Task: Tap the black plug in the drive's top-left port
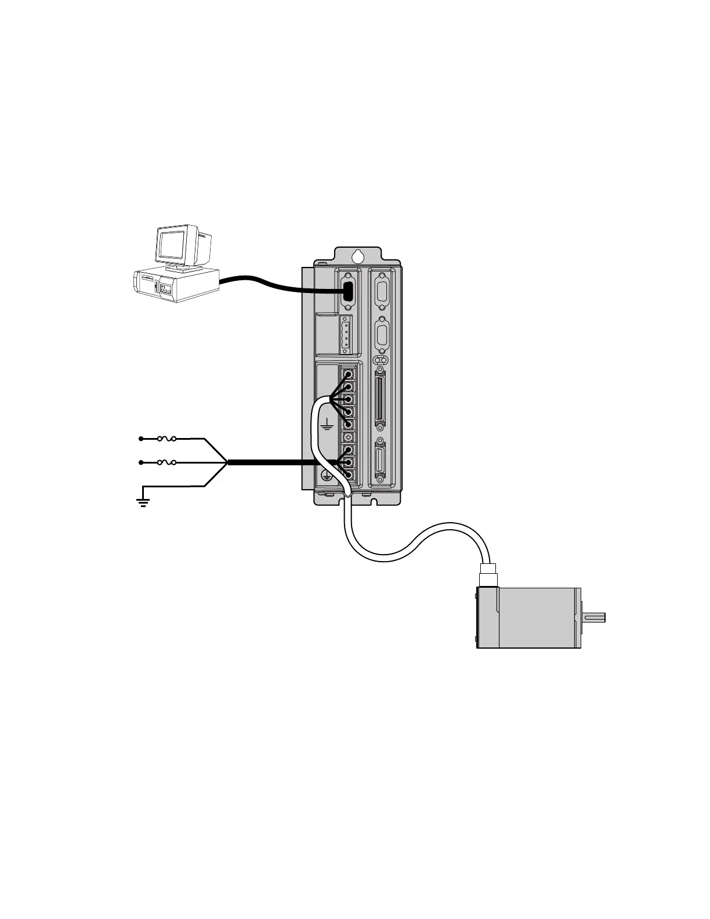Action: tap(348, 290)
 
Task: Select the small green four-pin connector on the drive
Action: tap(346, 335)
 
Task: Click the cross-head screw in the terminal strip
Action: tap(349, 437)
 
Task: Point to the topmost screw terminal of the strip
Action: tap(349, 374)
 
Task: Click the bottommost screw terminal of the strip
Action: tap(349, 475)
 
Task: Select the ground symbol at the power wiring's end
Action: tap(143, 501)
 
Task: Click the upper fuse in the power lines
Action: tap(167, 439)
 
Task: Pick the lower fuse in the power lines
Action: tap(167, 462)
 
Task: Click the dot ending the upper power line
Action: tap(141, 439)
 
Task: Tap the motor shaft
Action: tap(593, 617)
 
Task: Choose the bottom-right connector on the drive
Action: tap(381, 459)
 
